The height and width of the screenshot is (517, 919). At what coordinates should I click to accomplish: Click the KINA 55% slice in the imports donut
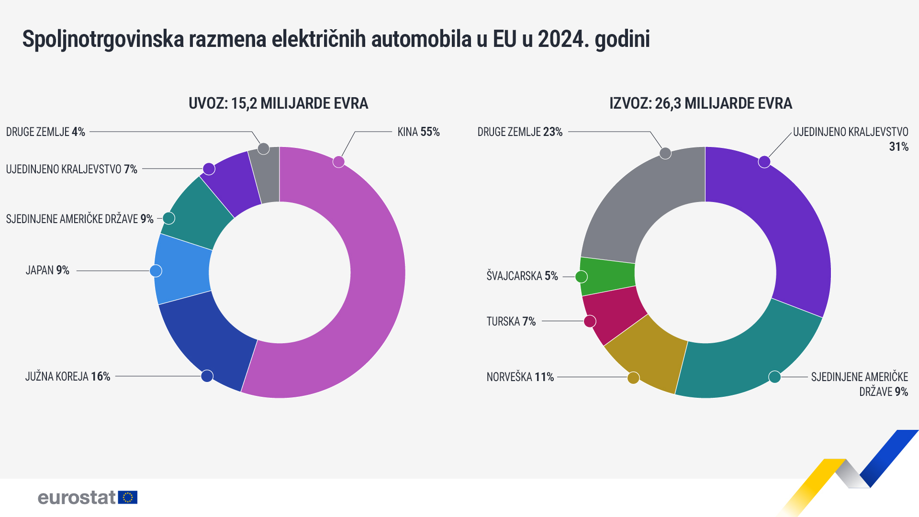(373, 287)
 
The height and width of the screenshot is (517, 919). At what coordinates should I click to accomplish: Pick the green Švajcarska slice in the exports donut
(607, 277)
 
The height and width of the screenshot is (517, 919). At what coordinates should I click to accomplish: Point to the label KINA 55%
(418, 132)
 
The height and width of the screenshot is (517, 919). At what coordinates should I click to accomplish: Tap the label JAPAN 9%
(47, 270)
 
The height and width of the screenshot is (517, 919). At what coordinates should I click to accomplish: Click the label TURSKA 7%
(511, 321)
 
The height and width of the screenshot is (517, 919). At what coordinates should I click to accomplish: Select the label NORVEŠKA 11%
(520, 377)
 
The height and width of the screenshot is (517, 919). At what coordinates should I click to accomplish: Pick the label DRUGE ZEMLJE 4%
(45, 132)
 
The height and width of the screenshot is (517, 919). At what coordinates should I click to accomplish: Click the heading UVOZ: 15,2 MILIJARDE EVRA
(278, 103)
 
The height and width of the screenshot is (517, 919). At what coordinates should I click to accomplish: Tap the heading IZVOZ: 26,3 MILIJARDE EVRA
(700, 103)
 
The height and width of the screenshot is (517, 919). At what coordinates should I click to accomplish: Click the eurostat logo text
(77, 497)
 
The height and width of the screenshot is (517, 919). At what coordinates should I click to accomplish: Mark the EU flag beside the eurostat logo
(128, 497)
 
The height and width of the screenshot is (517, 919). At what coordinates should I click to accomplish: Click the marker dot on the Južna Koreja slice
(207, 376)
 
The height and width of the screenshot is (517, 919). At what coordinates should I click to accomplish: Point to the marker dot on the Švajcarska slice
(581, 277)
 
